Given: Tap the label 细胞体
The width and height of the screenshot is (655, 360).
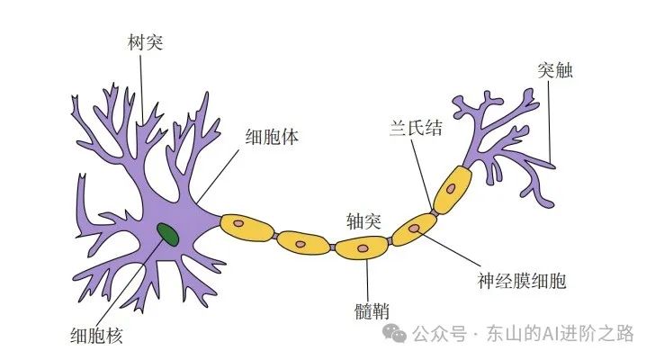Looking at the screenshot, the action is pyautogui.click(x=273, y=139).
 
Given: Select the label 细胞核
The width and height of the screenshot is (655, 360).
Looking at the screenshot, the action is pyautogui.click(x=96, y=337).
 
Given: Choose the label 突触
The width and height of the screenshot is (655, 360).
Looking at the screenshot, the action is pyautogui.click(x=553, y=70).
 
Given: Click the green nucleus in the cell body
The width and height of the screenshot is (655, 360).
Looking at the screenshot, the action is pyautogui.click(x=167, y=234).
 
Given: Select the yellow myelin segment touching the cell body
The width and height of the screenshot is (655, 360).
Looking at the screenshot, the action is pyautogui.click(x=246, y=226).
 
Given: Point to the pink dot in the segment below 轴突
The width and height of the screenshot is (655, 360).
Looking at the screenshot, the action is pyautogui.click(x=363, y=247).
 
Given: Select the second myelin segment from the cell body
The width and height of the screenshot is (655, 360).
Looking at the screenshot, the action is pyautogui.click(x=302, y=241).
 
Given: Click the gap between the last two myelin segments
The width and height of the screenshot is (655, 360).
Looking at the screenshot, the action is pyautogui.click(x=434, y=212).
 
